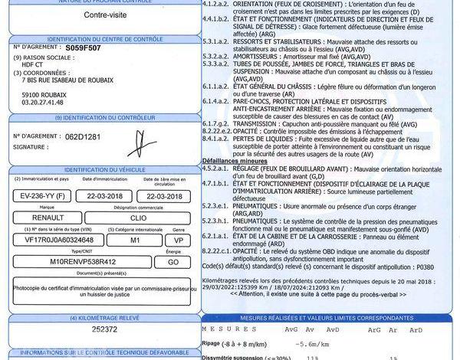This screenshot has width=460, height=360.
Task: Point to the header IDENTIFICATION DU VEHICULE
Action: pos(103,169)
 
